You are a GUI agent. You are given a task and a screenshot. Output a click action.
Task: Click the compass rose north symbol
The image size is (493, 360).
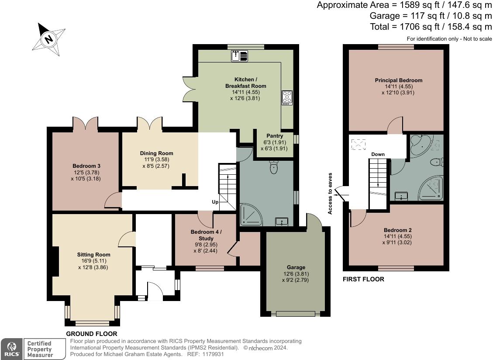click(49, 39)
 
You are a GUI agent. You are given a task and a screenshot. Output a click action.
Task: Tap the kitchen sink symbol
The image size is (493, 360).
click(240, 56)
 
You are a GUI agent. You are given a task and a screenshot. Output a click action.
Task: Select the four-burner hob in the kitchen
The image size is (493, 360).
click(287, 97)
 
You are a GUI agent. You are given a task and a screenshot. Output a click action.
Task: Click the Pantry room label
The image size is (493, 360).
click(275, 135)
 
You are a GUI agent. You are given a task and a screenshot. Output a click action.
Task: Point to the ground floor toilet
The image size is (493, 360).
click(274, 167)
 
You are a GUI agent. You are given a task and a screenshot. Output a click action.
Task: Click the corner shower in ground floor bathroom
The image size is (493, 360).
click(251, 215)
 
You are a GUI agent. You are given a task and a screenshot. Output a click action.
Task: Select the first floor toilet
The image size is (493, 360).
click(437, 163)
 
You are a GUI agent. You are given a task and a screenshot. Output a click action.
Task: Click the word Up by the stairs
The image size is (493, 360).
click(215, 202)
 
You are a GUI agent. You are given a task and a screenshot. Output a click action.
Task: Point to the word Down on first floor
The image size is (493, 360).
click(378, 154)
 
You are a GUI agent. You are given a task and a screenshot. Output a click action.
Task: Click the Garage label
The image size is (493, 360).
click(296, 267)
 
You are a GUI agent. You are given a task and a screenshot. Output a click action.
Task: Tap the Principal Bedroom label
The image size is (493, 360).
click(398, 80)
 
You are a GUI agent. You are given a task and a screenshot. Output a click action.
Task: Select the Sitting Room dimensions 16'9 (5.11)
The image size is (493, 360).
click(94, 261)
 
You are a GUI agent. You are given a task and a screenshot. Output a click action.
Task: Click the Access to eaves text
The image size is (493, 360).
click(330, 194)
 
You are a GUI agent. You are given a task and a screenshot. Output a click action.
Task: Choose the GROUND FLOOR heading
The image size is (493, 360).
click(92, 334)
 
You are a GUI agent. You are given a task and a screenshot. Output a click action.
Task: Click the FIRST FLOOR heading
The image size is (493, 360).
click(363, 279)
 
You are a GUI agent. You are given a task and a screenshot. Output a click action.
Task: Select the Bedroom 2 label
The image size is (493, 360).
click(397, 230)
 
